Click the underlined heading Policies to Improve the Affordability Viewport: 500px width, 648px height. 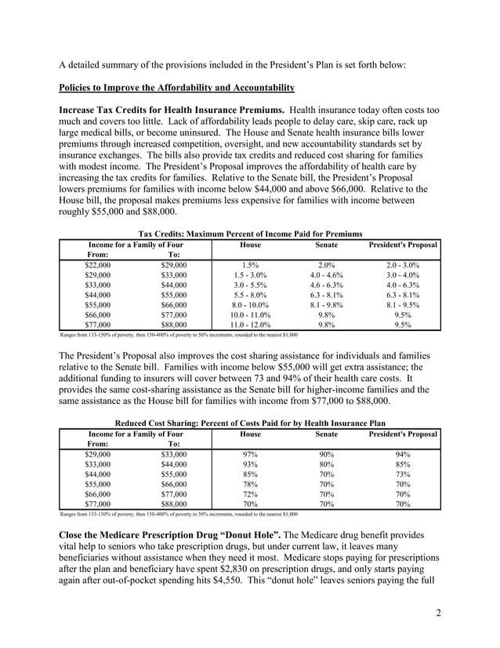(x=176, y=86)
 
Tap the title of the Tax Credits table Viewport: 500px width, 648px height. (x=249, y=234)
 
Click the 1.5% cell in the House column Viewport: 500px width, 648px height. (x=250, y=265)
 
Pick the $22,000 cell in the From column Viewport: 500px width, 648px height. (x=98, y=265)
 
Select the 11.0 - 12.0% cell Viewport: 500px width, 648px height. (x=250, y=322)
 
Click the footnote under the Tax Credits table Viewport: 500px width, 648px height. (x=179, y=335)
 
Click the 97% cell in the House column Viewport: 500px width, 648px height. (x=250, y=454)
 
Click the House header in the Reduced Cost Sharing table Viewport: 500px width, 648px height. (x=250, y=433)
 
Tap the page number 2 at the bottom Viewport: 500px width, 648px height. (x=438, y=613)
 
